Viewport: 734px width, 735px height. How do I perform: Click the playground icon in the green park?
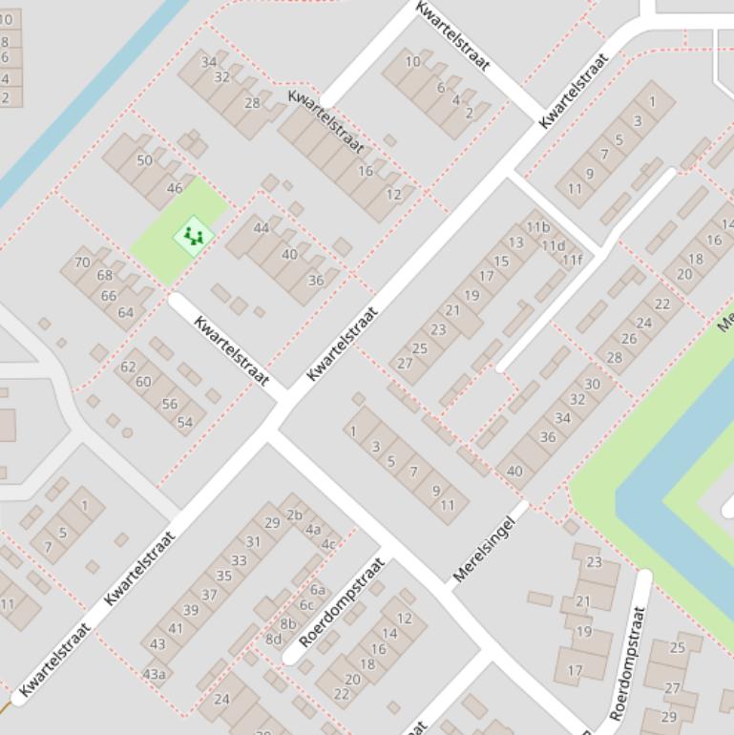click(x=194, y=235)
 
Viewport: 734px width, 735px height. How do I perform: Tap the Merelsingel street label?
click(x=490, y=549)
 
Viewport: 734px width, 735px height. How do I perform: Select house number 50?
click(x=144, y=160)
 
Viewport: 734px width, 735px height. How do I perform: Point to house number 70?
click(x=82, y=262)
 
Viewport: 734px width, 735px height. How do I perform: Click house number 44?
click(x=262, y=228)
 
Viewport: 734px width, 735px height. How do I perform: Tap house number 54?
click(x=184, y=423)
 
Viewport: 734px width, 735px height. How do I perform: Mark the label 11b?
click(x=538, y=227)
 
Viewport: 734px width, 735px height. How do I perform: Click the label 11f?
click(x=571, y=260)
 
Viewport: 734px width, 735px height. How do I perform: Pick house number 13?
click(x=515, y=242)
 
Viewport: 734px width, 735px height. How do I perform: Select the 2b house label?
click(x=294, y=515)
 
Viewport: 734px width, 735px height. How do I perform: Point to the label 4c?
click(x=328, y=544)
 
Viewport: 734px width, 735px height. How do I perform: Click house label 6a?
click(x=317, y=590)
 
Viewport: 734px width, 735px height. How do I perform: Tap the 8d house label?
click(x=274, y=639)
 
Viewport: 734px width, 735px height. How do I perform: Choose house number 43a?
click(x=154, y=674)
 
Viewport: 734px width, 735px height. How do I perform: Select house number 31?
click(x=253, y=541)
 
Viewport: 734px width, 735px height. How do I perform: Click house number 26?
click(x=629, y=339)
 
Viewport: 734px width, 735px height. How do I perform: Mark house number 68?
click(x=104, y=276)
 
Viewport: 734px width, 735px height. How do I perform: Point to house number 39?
click(x=191, y=610)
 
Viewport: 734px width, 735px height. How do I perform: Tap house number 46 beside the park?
click(x=175, y=188)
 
